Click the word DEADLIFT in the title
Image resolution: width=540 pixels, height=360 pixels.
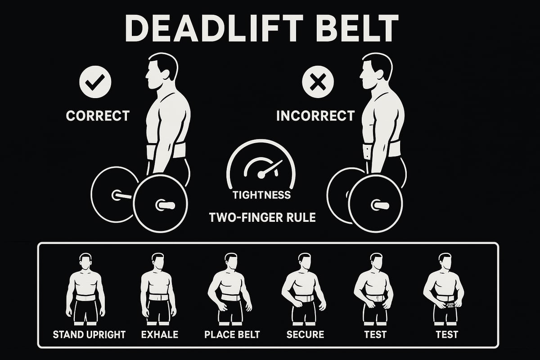[x=214, y=28]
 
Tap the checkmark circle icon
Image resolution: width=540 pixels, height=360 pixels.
[x=95, y=82]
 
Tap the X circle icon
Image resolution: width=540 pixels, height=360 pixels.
[x=318, y=82]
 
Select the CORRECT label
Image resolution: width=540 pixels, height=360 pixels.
[x=98, y=116]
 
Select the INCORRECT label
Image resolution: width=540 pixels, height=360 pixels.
[x=315, y=116]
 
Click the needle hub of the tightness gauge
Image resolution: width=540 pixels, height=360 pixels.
[x=261, y=175]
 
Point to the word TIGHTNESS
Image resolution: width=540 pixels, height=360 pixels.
[x=261, y=195]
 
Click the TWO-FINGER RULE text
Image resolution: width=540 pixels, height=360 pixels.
[x=262, y=217]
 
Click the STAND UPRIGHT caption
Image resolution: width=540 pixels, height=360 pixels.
[x=89, y=334]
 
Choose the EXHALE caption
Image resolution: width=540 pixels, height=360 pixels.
[x=160, y=334]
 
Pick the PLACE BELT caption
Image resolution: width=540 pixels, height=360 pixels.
[x=232, y=334]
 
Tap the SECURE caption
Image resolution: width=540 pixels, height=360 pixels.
[x=305, y=334]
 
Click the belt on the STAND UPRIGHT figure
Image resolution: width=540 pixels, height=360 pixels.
[x=85, y=297]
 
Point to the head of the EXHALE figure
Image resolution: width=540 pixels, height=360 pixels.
[x=158, y=261]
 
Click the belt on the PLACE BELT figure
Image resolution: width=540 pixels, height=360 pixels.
[x=230, y=297]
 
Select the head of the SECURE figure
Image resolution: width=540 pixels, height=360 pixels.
[x=305, y=261]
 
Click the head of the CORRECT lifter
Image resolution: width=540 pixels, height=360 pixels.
[x=162, y=70]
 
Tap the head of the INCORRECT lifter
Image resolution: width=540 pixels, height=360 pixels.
[x=376, y=70]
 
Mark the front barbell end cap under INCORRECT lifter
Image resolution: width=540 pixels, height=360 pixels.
[x=380, y=205]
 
